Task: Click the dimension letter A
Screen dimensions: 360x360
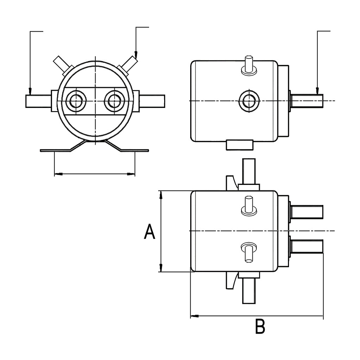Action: tap(149, 232)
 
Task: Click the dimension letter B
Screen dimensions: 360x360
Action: tap(260, 327)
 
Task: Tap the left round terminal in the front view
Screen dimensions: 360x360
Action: tap(75, 101)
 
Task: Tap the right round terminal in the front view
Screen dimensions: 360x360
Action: tap(114, 101)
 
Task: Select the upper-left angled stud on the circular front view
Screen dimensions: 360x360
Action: tap(61, 64)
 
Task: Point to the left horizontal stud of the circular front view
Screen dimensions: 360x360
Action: tap(38, 101)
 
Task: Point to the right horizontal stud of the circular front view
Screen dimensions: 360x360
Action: tap(152, 101)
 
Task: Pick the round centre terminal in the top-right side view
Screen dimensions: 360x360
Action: tap(249, 101)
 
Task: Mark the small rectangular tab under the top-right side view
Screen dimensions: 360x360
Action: tap(239, 144)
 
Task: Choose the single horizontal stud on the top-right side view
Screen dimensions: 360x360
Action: tap(307, 101)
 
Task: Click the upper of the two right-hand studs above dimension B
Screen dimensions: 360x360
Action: tap(307, 212)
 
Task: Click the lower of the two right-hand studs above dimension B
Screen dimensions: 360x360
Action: tap(307, 246)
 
